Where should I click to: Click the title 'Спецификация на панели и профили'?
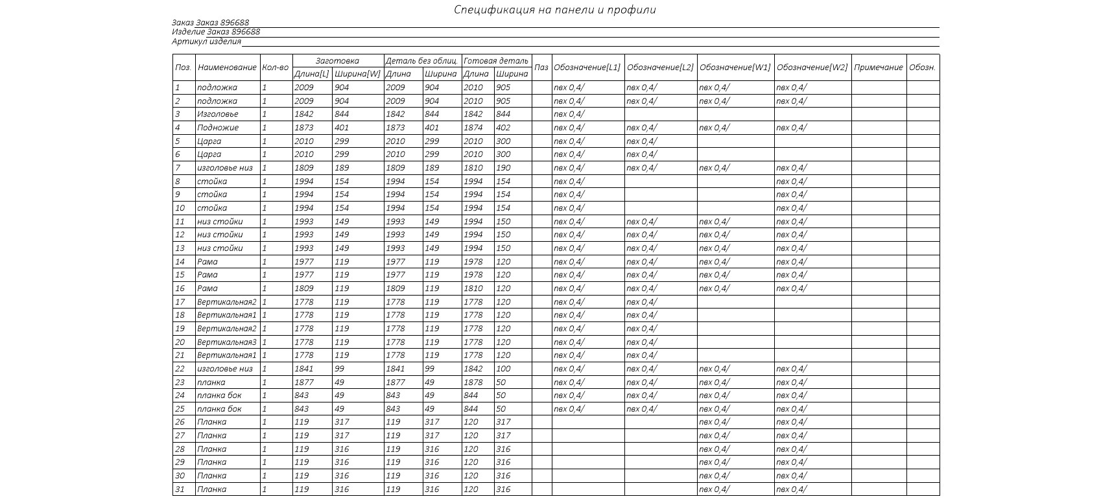(554, 10)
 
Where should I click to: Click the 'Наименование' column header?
(227, 67)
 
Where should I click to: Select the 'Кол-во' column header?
(276, 67)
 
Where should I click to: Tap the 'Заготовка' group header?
(337, 61)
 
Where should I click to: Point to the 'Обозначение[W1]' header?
(735, 67)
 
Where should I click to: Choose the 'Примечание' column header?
(878, 67)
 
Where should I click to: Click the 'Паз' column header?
(541, 67)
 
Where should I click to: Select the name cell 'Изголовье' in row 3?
(217, 114)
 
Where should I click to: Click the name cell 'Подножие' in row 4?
(218, 128)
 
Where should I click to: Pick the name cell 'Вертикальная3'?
(226, 342)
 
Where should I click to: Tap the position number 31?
(180, 489)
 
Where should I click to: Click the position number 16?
(180, 288)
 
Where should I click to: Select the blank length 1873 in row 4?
(303, 128)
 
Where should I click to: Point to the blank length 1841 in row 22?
(303, 369)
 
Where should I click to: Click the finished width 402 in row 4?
(503, 128)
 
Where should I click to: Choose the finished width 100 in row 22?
(503, 369)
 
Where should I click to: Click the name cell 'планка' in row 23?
(211, 382)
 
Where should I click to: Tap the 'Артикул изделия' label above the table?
(206, 41)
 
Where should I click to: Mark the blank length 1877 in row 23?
(303, 382)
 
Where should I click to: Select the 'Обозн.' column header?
(922, 67)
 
